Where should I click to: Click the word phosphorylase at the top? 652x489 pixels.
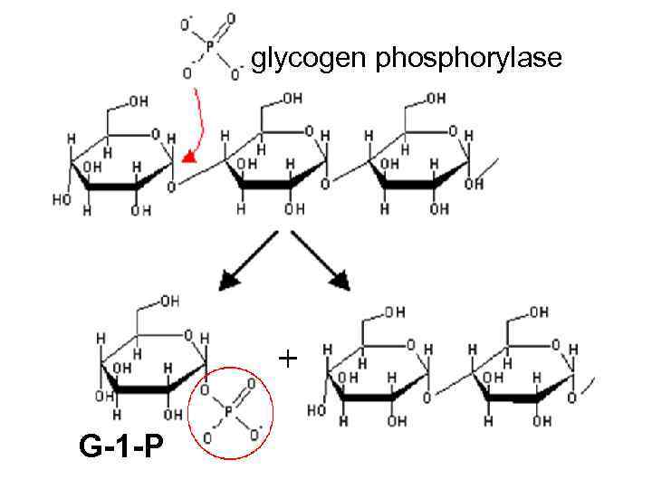pyautogui.click(x=468, y=60)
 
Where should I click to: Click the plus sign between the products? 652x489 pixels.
pyautogui.click(x=287, y=360)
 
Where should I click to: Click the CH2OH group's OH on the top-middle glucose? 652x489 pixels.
pyautogui.click(x=292, y=98)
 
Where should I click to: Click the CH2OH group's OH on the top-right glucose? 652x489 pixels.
pyautogui.click(x=436, y=98)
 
